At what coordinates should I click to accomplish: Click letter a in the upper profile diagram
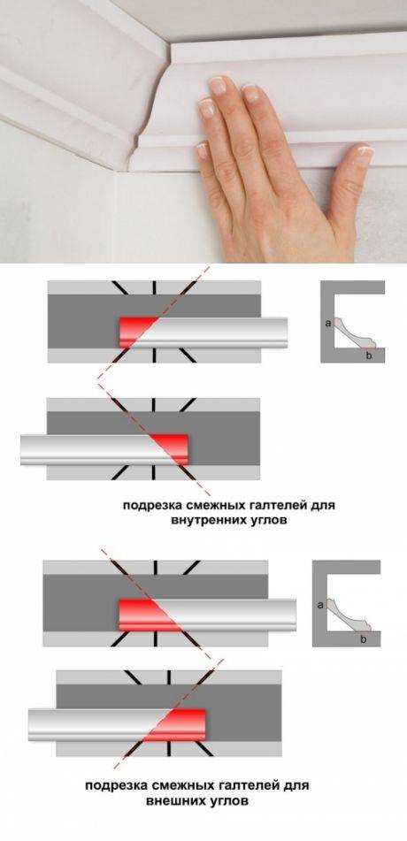click(x=329, y=325)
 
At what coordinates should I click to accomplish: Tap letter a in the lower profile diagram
click(x=319, y=605)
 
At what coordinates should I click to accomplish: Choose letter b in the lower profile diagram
click(x=363, y=638)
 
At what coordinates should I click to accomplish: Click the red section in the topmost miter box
click(x=135, y=332)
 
